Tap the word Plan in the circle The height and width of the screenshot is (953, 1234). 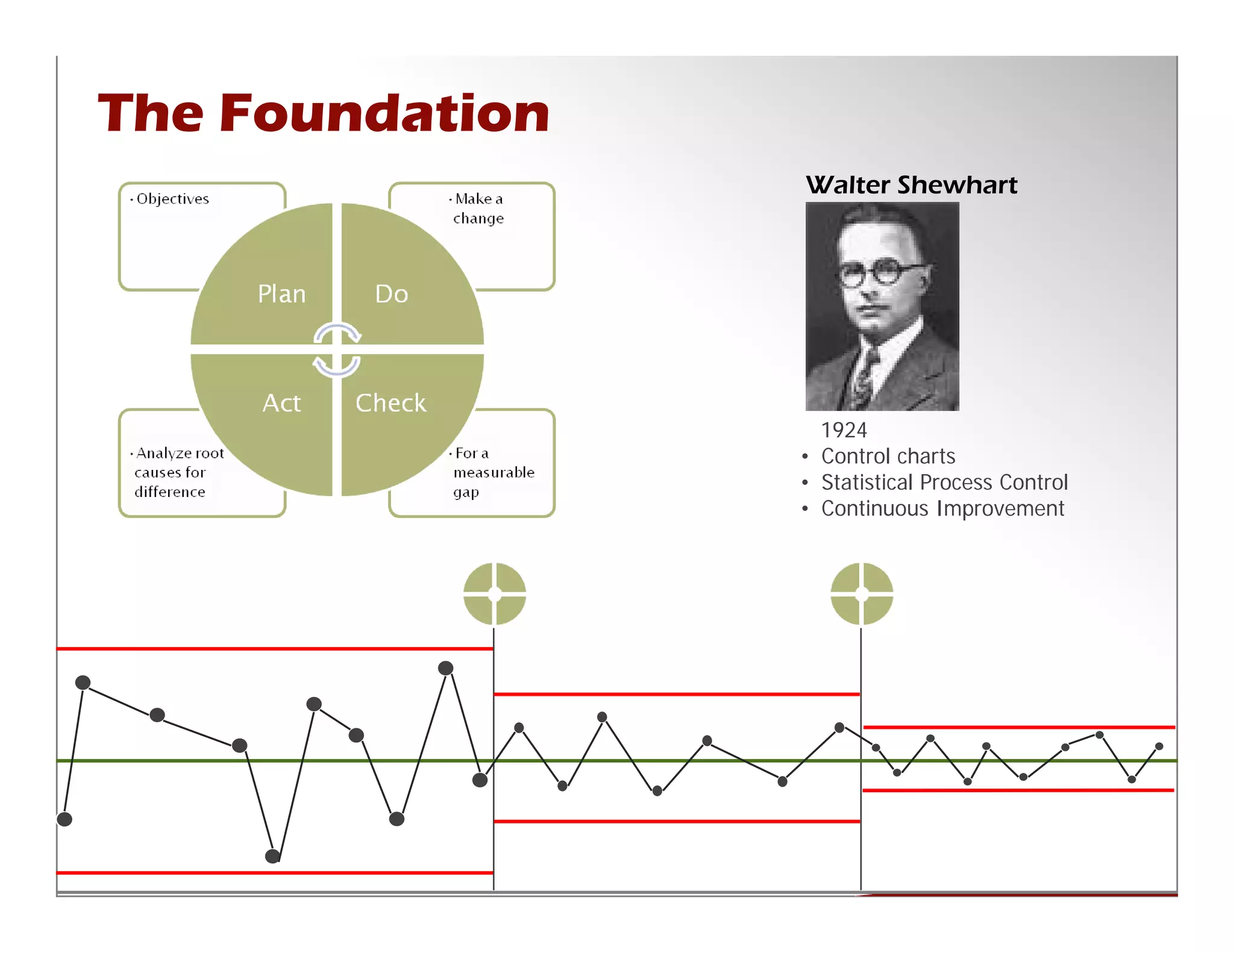tap(281, 294)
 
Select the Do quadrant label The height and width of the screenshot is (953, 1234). tap(392, 294)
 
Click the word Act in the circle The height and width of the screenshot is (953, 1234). tap(281, 403)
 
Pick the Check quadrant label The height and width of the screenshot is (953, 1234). tap(390, 403)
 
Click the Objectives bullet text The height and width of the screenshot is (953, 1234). tap(172, 199)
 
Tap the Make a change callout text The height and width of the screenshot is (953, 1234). tap(478, 208)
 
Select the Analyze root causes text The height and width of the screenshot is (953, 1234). tap(178, 472)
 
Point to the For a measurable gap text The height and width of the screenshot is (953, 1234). tap(493, 472)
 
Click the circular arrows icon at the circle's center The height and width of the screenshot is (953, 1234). tap(337, 350)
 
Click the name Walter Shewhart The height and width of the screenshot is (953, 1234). tap(911, 185)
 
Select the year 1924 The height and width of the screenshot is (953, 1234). tap(844, 430)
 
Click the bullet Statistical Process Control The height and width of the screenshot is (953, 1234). tap(944, 483)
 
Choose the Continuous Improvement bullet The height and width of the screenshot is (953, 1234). tap(942, 509)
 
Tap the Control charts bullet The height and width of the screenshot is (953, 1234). tap(888, 457)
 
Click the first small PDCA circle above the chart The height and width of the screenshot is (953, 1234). tap(495, 594)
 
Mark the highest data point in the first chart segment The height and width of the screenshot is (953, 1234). tap(446, 668)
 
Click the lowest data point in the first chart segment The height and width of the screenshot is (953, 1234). tap(272, 855)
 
